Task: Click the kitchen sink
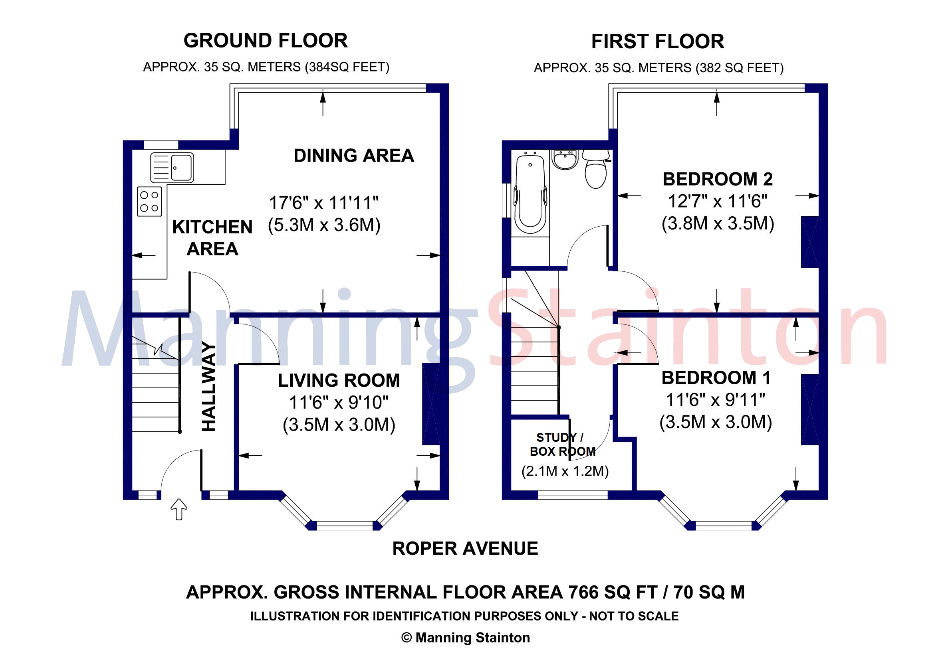172,167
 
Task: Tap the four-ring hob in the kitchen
149,202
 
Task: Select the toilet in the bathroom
596,169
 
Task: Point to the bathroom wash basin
565,160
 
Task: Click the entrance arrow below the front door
179,509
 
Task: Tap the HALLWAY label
208,387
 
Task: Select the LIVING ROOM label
339,380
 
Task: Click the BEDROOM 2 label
717,180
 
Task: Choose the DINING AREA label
354,156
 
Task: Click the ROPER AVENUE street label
465,549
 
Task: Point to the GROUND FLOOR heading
266,41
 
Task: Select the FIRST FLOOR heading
658,42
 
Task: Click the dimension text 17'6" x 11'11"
324,203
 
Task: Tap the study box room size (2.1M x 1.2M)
565,471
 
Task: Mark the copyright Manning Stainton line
465,638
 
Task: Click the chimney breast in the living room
431,404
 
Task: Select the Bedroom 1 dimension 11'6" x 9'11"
715,400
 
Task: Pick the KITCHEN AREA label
212,238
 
